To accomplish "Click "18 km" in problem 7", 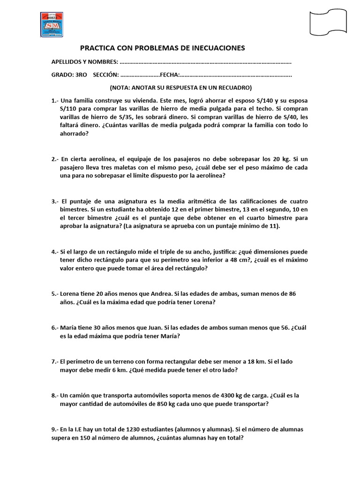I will pyautogui.click(x=258, y=361).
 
